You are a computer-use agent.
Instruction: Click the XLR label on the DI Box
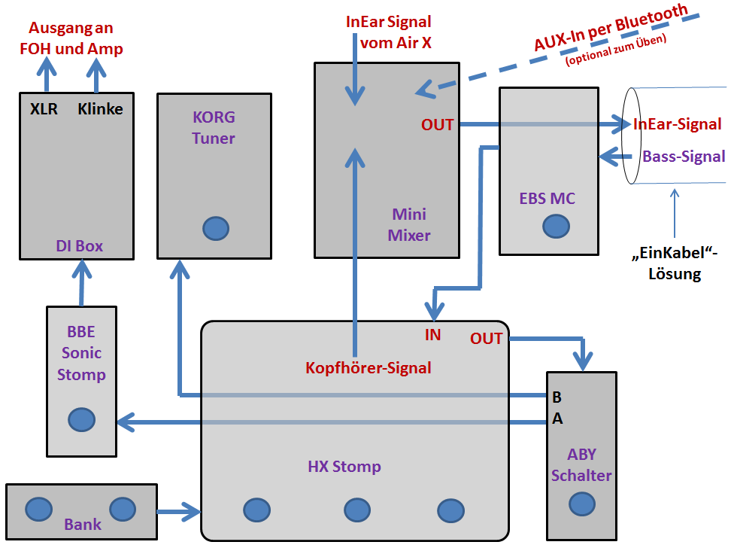[44, 109]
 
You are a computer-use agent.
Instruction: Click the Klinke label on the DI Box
[100, 109]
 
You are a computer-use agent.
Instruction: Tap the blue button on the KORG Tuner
[216, 227]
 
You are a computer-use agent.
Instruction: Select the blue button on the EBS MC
[556, 225]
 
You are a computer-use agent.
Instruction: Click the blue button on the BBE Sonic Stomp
[81, 419]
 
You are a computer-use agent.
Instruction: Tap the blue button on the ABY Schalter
[581, 503]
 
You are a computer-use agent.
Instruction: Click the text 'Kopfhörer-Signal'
[368, 368]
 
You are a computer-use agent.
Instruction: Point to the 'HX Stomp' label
[344, 467]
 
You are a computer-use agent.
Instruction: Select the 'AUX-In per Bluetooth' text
[611, 28]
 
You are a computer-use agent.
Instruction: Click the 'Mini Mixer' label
[409, 225]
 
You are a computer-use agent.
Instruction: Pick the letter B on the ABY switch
[557, 396]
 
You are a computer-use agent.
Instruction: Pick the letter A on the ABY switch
[557, 419]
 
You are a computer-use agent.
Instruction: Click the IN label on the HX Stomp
[432, 335]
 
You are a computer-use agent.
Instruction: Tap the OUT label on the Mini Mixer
[437, 125]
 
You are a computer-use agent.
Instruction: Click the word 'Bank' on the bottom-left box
[83, 524]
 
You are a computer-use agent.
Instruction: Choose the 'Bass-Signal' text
[684, 157]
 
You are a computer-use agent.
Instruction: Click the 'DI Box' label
[79, 245]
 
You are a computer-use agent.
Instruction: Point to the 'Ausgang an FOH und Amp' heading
[75, 38]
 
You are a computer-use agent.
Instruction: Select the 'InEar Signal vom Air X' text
[388, 32]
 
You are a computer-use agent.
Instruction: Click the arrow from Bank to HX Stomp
[179, 513]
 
